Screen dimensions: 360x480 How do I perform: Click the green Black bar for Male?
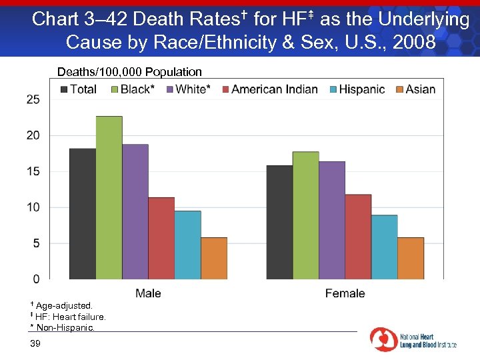pyautogui.click(x=109, y=197)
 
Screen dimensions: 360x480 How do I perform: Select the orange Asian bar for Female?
pyautogui.click(x=410, y=258)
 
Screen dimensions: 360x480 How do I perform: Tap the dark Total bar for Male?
pyautogui.click(x=83, y=213)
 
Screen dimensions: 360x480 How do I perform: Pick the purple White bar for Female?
pyautogui.click(x=331, y=220)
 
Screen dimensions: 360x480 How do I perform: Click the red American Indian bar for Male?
pyautogui.click(x=161, y=238)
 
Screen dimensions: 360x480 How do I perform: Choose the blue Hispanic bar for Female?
pyautogui.click(x=384, y=247)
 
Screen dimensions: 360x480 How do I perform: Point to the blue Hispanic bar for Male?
pyautogui.click(x=187, y=245)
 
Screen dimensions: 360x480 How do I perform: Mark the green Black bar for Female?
pyautogui.click(x=305, y=215)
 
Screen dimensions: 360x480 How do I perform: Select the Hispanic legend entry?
pyautogui.click(x=357, y=89)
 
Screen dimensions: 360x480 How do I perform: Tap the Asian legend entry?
pyautogui.click(x=415, y=89)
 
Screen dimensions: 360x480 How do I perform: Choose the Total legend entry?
pyautogui.click(x=77, y=89)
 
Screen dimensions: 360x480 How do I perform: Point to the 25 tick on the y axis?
pyautogui.click(x=33, y=99)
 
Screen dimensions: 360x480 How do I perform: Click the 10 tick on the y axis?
pyautogui.click(x=33, y=207)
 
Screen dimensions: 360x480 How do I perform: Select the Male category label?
pyautogui.click(x=148, y=293)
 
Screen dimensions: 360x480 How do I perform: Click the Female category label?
pyautogui.click(x=345, y=293)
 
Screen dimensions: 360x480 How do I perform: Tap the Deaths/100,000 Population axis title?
pyautogui.click(x=129, y=72)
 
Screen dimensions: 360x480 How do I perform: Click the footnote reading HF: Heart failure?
pyautogui.click(x=67, y=317)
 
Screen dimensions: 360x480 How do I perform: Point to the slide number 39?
pyautogui.click(x=35, y=343)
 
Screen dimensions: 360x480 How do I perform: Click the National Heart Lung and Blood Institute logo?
pyautogui.click(x=413, y=340)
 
